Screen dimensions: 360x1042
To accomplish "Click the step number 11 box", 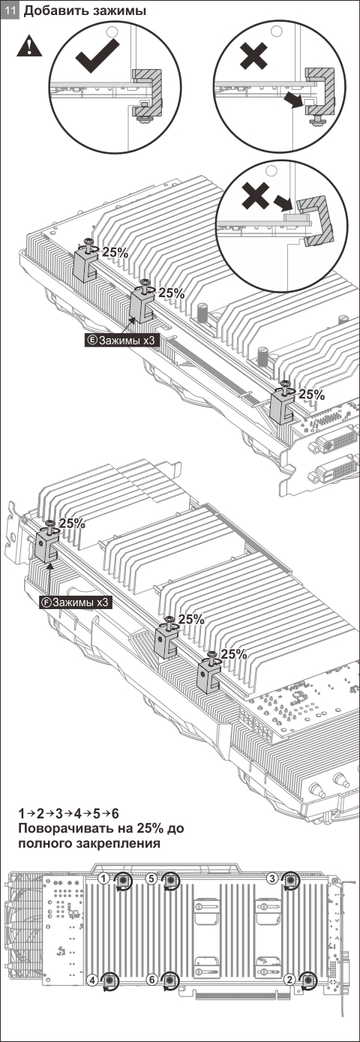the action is (x=9, y=11).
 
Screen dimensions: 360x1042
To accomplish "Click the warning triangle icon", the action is (x=29, y=47).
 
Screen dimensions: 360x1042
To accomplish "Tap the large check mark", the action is (x=97, y=56).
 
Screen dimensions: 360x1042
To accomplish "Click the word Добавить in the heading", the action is (x=51, y=11).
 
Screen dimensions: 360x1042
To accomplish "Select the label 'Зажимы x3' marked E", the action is (x=121, y=340).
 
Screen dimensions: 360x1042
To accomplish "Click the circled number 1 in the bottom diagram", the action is (x=104, y=877).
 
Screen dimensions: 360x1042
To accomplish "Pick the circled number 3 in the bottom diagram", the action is (x=272, y=878).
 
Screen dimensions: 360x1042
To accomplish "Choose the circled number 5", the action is (x=151, y=878).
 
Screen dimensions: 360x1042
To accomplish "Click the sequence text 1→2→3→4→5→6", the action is (x=68, y=814).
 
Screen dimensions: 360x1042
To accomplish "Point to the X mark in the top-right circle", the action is (x=253, y=56).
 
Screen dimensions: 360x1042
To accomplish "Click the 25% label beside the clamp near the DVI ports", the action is (x=312, y=395).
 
